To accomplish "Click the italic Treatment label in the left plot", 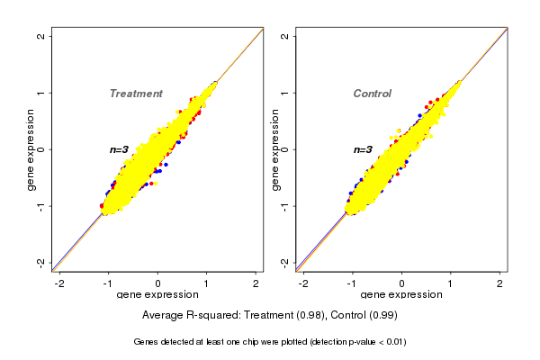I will tap(136, 94).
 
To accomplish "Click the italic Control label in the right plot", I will tap(373, 94).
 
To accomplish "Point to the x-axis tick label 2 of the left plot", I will tap(256, 283).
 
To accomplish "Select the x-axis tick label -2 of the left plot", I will tap(59, 283).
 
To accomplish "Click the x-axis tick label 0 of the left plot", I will tap(158, 283).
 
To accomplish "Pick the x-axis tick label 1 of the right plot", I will tap(451, 283).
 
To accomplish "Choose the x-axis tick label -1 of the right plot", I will tap(352, 283).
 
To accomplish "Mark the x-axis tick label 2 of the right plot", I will tap(499, 283).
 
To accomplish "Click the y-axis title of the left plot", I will tap(31, 149).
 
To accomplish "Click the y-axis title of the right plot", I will tap(274, 149).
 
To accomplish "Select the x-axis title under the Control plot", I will tap(401, 294).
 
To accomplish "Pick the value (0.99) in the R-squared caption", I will tap(383, 315).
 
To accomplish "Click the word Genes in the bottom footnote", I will tap(147, 342).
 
